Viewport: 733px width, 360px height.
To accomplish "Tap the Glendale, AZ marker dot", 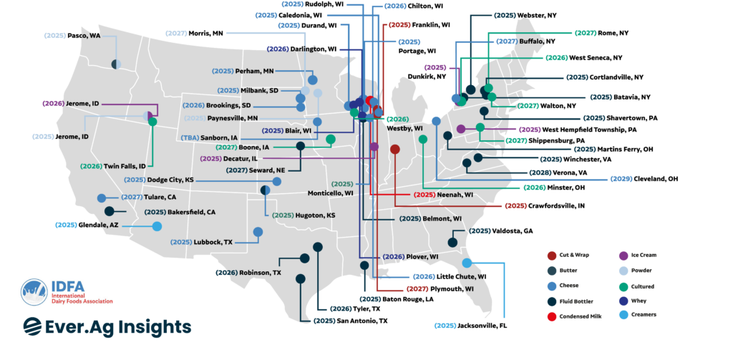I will coord(157,226).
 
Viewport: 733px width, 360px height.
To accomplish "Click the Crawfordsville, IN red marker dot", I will coord(394,150).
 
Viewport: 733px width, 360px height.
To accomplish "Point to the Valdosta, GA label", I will coord(500,231).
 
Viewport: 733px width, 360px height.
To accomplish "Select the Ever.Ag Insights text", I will coord(107,326).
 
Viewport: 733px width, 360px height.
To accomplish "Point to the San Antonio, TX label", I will coord(350,321).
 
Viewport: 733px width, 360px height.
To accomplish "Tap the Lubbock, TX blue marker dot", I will coord(258,231).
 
